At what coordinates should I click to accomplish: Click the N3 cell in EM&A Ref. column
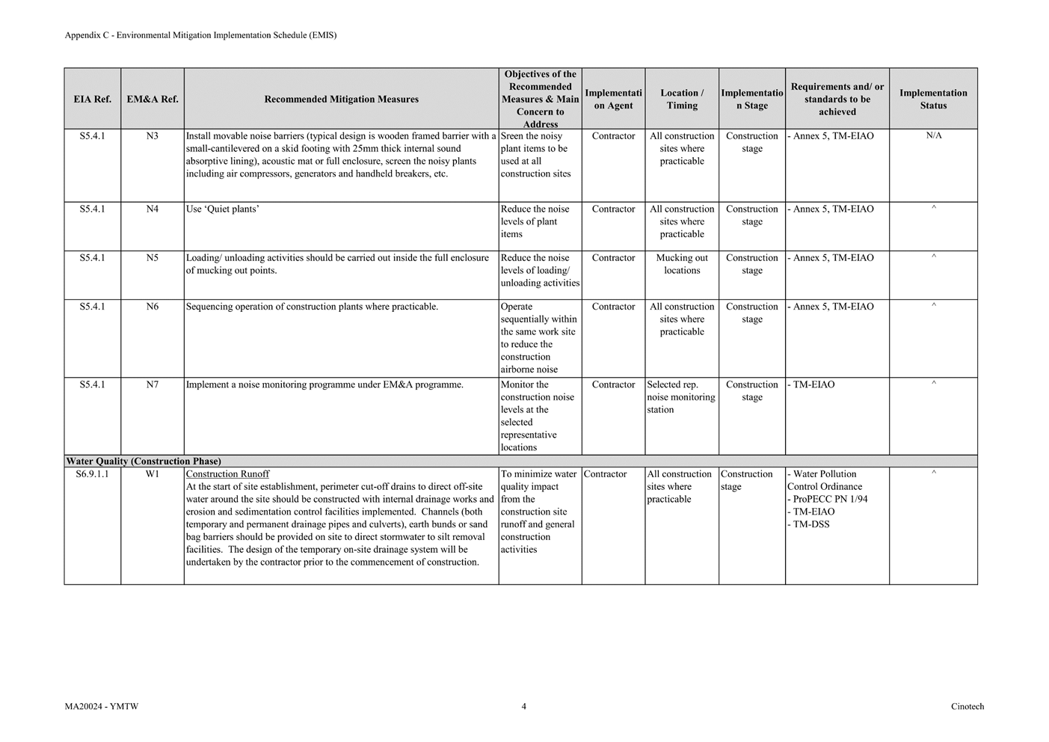[x=152, y=136]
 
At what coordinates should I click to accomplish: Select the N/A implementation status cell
[x=933, y=136]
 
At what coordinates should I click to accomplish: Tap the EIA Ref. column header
[x=92, y=99]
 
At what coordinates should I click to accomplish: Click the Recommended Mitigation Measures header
[x=341, y=99]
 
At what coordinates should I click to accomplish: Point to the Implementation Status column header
[x=933, y=99]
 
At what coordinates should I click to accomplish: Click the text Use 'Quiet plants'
[x=222, y=209]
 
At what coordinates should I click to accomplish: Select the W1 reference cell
[x=152, y=474]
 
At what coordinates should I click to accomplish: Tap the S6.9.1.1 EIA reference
[x=92, y=474]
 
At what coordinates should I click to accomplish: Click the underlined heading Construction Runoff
[x=227, y=474]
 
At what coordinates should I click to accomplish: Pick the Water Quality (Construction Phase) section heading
[x=144, y=462]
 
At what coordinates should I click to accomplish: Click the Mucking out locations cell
[x=682, y=264]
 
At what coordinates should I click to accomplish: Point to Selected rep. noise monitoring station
[x=681, y=397]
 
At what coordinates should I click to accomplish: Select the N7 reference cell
[x=152, y=384]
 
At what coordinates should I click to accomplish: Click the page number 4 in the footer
[x=523, y=706]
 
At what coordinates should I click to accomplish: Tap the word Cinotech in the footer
[x=968, y=706]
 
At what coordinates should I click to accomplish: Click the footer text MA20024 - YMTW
[x=102, y=706]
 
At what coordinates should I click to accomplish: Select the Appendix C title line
[x=200, y=35]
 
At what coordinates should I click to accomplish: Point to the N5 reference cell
[x=152, y=258]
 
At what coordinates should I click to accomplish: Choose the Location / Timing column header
[x=682, y=99]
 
